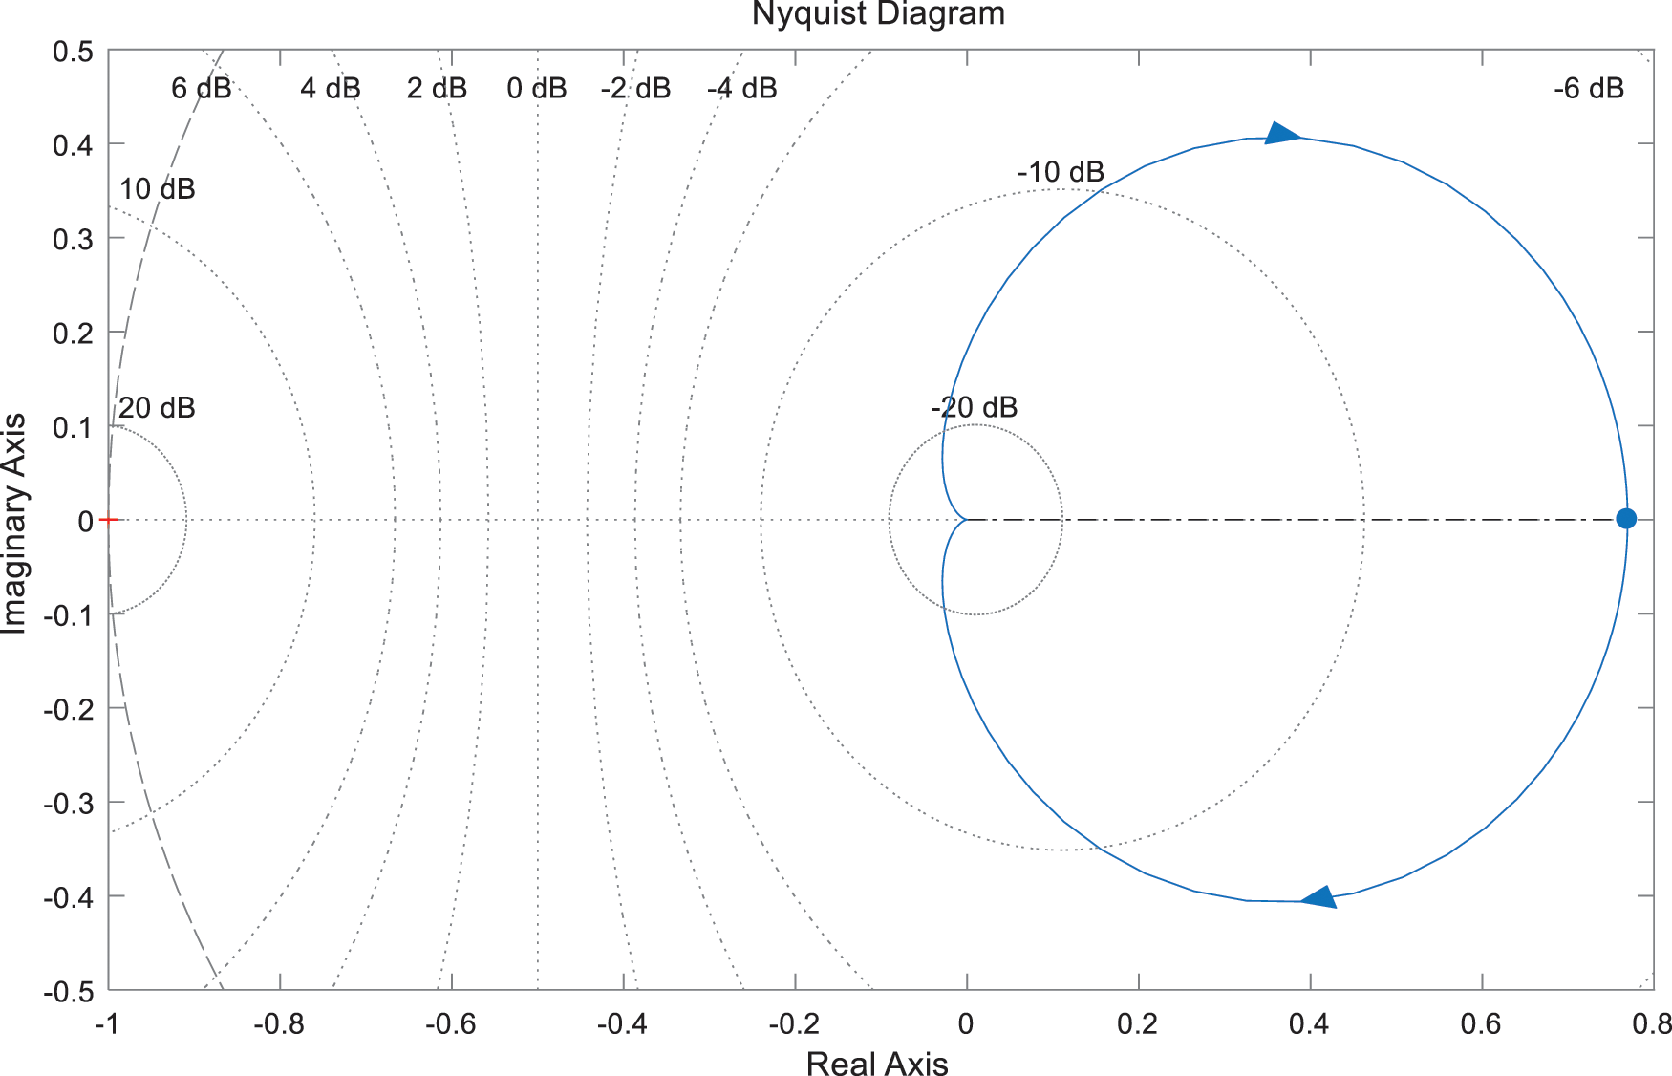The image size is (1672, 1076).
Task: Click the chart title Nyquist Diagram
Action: pyautogui.click(x=878, y=14)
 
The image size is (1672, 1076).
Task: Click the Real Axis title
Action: pyautogui.click(x=877, y=1063)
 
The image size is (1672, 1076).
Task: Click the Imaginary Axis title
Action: pyautogui.click(x=14, y=523)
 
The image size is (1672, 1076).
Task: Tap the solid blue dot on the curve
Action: pyautogui.click(x=1625, y=519)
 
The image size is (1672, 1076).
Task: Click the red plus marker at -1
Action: pyautogui.click(x=108, y=520)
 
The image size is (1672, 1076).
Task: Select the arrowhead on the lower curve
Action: pyautogui.click(x=1319, y=897)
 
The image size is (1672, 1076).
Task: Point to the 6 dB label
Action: pyautogui.click(x=201, y=89)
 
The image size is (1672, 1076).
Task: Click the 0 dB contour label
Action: pyautogui.click(x=537, y=89)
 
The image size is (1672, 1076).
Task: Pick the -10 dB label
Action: pyautogui.click(x=1061, y=172)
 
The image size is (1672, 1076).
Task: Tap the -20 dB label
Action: pyautogui.click(x=974, y=407)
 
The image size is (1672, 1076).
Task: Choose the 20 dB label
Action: pyautogui.click(x=157, y=408)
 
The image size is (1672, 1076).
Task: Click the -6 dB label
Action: pyautogui.click(x=1589, y=89)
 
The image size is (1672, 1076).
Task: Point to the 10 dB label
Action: pyautogui.click(x=157, y=189)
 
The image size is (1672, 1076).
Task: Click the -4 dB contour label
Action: pyautogui.click(x=742, y=89)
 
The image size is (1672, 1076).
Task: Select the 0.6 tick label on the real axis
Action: pyautogui.click(x=1481, y=1024)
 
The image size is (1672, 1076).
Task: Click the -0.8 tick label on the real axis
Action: pyautogui.click(x=278, y=1024)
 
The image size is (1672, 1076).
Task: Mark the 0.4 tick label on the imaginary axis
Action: pyautogui.click(x=73, y=145)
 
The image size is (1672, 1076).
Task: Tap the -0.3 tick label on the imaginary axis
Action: pyautogui.click(x=69, y=803)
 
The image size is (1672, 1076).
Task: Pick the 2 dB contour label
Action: pyautogui.click(x=437, y=89)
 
